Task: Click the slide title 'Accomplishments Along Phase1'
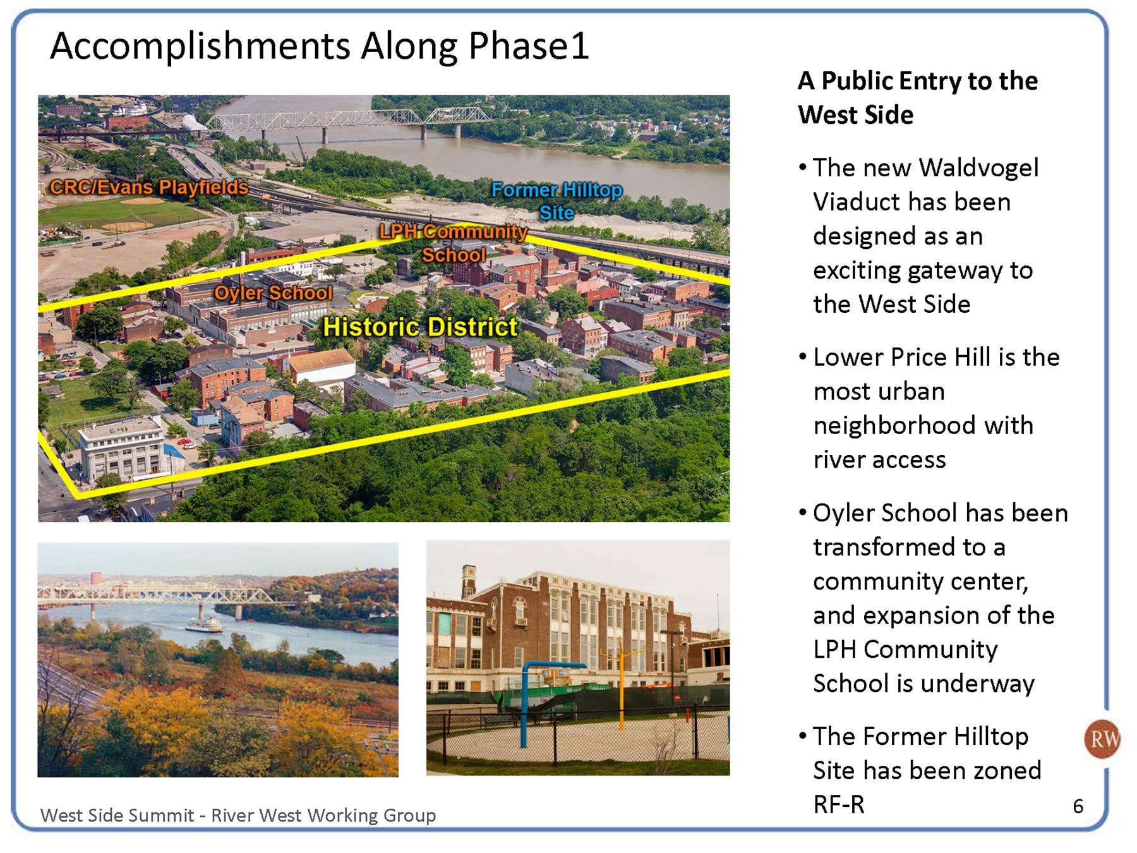pos(320,46)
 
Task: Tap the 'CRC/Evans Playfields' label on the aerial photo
pos(149,187)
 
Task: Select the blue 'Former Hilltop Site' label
pos(556,201)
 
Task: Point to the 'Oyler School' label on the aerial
pos(273,293)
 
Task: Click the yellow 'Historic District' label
pos(420,327)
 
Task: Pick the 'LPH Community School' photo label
pos(454,243)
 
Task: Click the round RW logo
pos(1102,739)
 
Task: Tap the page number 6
pos(1078,806)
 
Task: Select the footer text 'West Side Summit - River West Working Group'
pos(238,815)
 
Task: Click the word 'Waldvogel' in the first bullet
pos(979,168)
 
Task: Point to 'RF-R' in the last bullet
pos(839,805)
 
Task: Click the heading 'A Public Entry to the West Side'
pos(918,98)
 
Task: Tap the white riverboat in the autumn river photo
pos(204,625)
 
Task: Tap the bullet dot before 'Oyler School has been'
pos(803,512)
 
